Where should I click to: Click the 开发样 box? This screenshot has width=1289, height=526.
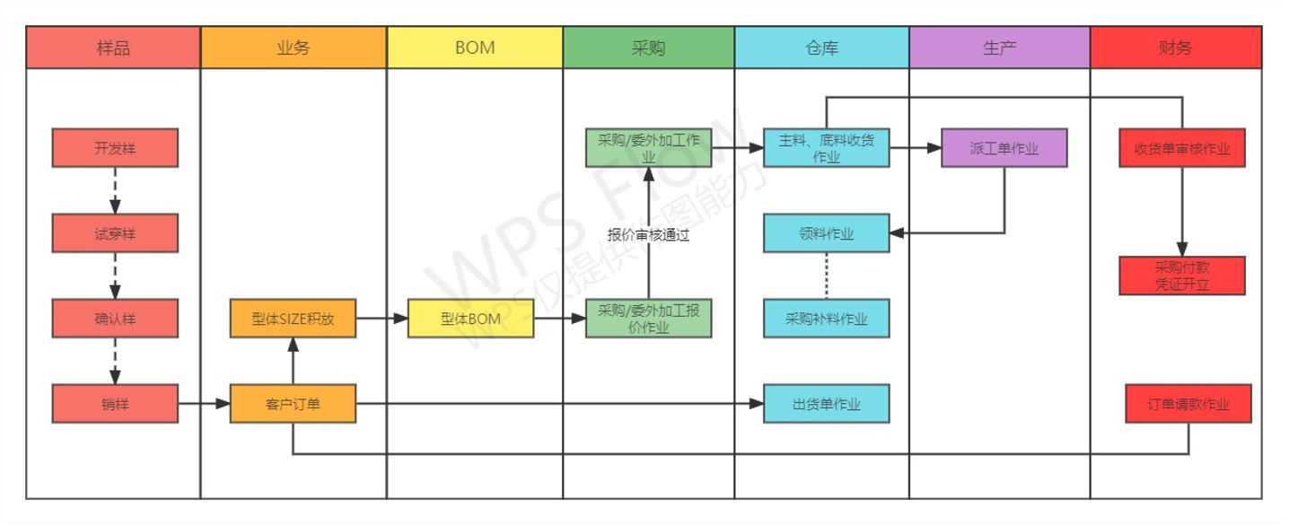pos(115,148)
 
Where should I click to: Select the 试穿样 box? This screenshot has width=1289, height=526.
pos(115,232)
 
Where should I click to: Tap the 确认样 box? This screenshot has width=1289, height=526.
pos(115,318)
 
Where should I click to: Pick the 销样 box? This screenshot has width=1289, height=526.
pos(115,404)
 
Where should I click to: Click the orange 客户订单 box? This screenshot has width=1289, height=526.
pos(293,404)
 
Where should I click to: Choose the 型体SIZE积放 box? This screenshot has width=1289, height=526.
pos(293,318)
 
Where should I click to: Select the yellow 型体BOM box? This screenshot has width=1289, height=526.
pos(470,318)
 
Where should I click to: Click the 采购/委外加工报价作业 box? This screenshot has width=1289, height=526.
pos(648,318)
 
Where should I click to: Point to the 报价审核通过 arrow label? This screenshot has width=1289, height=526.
pos(648,235)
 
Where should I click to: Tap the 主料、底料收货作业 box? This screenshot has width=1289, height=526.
pos(826,148)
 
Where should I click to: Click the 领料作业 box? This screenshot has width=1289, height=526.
pos(826,232)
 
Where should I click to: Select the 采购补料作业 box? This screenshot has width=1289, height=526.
pos(826,318)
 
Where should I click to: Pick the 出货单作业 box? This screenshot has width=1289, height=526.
pos(826,404)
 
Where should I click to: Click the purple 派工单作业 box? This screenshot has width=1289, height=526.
pos(1004,148)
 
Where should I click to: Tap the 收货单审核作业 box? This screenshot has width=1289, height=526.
pos(1182,148)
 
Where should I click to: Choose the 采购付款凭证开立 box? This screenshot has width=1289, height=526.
pos(1182,276)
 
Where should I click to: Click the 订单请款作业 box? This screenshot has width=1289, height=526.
pos(1188,404)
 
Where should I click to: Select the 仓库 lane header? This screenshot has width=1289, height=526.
pos(821,48)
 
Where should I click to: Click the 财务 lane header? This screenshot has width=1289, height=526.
pos(1176,48)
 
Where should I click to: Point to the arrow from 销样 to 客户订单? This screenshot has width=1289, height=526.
pos(205,404)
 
